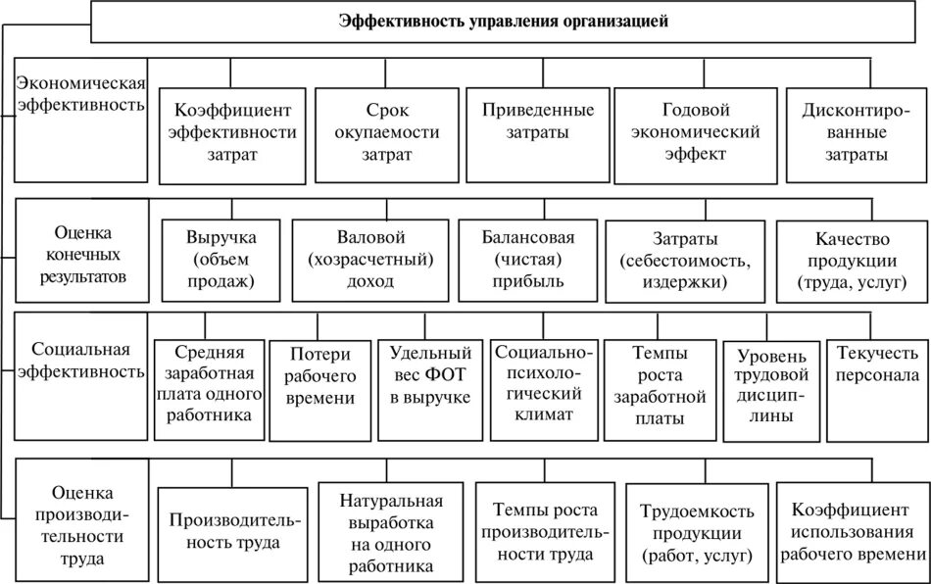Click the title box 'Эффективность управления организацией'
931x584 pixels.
pos(504,22)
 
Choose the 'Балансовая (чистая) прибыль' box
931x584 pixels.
pos(527,258)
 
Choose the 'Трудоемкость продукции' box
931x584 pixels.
pos(697,531)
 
